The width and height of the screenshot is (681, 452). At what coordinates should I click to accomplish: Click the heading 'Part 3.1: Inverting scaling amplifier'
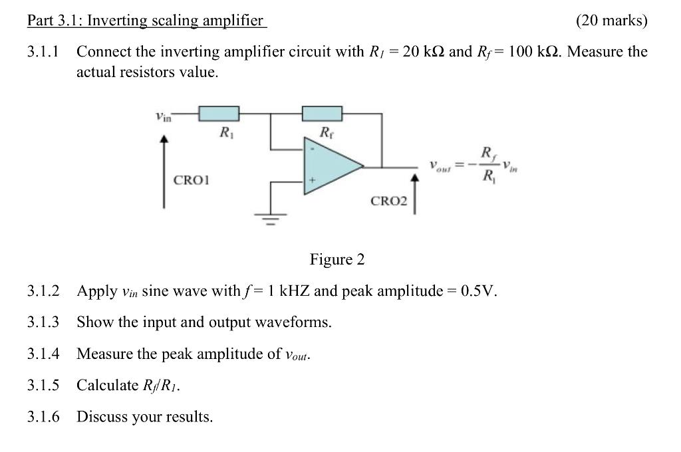tap(146, 20)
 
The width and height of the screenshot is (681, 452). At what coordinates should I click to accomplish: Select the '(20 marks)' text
tap(611, 20)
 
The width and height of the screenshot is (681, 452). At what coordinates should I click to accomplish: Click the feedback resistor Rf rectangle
tap(322, 114)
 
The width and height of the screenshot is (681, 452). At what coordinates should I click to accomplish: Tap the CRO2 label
tap(388, 200)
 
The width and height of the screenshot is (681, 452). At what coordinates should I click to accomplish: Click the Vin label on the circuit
tap(162, 118)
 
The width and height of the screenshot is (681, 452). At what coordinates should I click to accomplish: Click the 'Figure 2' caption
tap(337, 259)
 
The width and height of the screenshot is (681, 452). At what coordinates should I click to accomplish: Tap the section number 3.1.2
tap(43, 291)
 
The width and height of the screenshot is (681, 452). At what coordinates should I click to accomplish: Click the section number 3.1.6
tap(43, 417)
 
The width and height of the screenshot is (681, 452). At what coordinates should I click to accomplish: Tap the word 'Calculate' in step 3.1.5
tap(106, 386)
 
